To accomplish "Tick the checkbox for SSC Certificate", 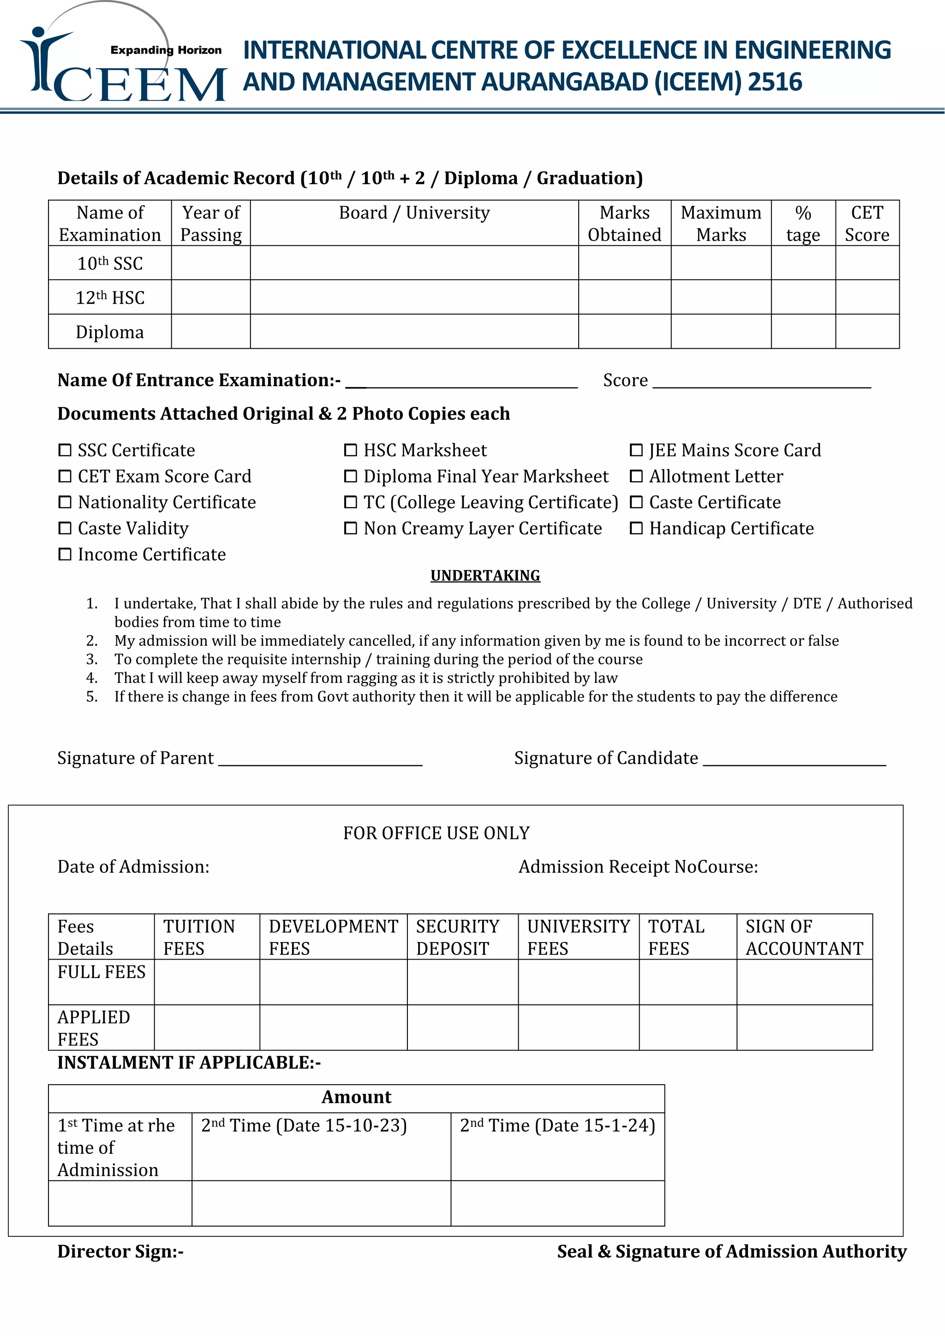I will pyautogui.click(x=65, y=450).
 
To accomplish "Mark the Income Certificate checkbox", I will pyautogui.click(x=65, y=554).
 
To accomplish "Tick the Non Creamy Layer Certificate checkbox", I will pyautogui.click(x=350, y=528).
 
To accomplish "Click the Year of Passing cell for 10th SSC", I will pyautogui.click(x=211, y=262).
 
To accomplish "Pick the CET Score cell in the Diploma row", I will pyautogui.click(x=867, y=332).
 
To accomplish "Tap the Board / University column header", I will pyautogui.click(x=414, y=213).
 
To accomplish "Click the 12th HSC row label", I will pyautogui.click(x=109, y=298).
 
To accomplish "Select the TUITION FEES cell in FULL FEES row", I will pyautogui.click(x=207, y=982).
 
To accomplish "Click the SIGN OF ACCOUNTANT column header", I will pyautogui.click(x=804, y=937).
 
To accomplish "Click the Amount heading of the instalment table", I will pyautogui.click(x=356, y=1097).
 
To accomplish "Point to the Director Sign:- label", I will pyautogui.click(x=120, y=1251).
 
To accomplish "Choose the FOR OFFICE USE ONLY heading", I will pyautogui.click(x=436, y=833).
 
